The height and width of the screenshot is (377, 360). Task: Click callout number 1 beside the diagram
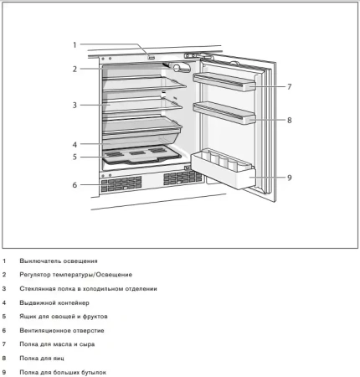(x=74, y=44)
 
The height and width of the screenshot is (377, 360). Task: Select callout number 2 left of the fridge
(x=74, y=69)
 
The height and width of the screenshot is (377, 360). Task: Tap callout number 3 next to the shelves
(x=74, y=106)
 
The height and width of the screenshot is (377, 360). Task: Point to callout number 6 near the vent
(x=74, y=184)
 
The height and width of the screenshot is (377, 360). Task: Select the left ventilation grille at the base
(x=121, y=183)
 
